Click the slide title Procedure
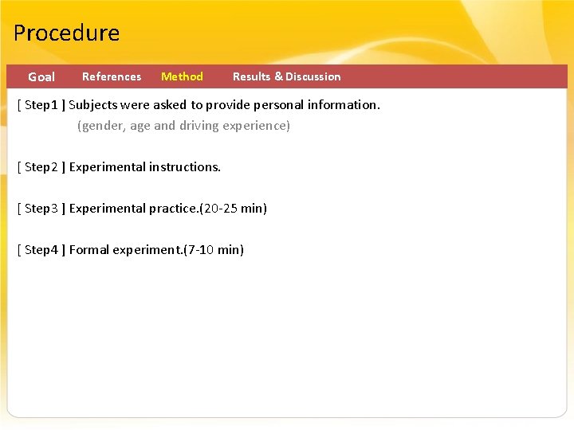[66, 33]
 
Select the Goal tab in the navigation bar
[41, 77]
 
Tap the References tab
[112, 76]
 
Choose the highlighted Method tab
[182, 76]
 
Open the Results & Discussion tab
[286, 76]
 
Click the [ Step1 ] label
[41, 105]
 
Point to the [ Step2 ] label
[41, 167]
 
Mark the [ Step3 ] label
[41, 209]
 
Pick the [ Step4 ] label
[41, 250]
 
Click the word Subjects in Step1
[93, 105]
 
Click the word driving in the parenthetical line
[202, 126]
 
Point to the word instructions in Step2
[184, 167]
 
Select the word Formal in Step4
[89, 250]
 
